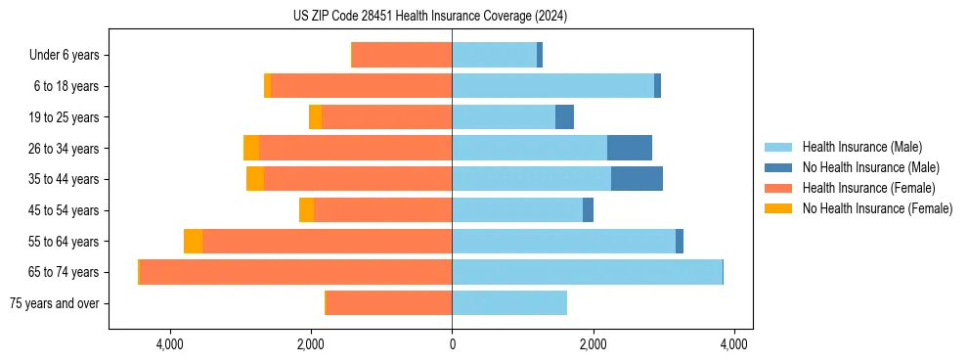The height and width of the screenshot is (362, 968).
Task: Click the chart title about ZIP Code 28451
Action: (430, 17)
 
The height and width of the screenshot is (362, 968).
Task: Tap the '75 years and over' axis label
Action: (54, 303)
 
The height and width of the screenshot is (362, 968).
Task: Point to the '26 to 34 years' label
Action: (65, 149)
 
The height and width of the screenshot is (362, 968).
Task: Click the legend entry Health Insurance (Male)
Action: (861, 148)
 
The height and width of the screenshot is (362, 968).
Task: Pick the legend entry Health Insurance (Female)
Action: (868, 188)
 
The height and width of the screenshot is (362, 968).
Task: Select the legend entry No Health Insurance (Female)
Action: (877, 208)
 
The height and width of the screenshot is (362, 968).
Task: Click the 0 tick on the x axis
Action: (452, 344)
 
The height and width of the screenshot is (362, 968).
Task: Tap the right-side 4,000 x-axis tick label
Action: (734, 344)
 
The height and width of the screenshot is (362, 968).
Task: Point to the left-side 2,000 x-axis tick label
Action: (311, 344)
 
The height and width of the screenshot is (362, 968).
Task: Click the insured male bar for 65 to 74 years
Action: (587, 272)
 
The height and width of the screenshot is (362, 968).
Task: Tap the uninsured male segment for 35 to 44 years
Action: (637, 179)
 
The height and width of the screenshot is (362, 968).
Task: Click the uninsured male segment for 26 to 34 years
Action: (629, 148)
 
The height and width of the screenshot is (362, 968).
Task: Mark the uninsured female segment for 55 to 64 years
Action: (193, 241)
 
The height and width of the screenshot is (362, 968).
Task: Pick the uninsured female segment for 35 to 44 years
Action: (255, 179)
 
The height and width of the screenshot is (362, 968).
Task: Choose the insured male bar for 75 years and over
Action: (509, 303)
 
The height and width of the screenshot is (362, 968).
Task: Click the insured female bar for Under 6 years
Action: (402, 56)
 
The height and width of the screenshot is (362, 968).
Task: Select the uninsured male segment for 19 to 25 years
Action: (564, 117)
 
